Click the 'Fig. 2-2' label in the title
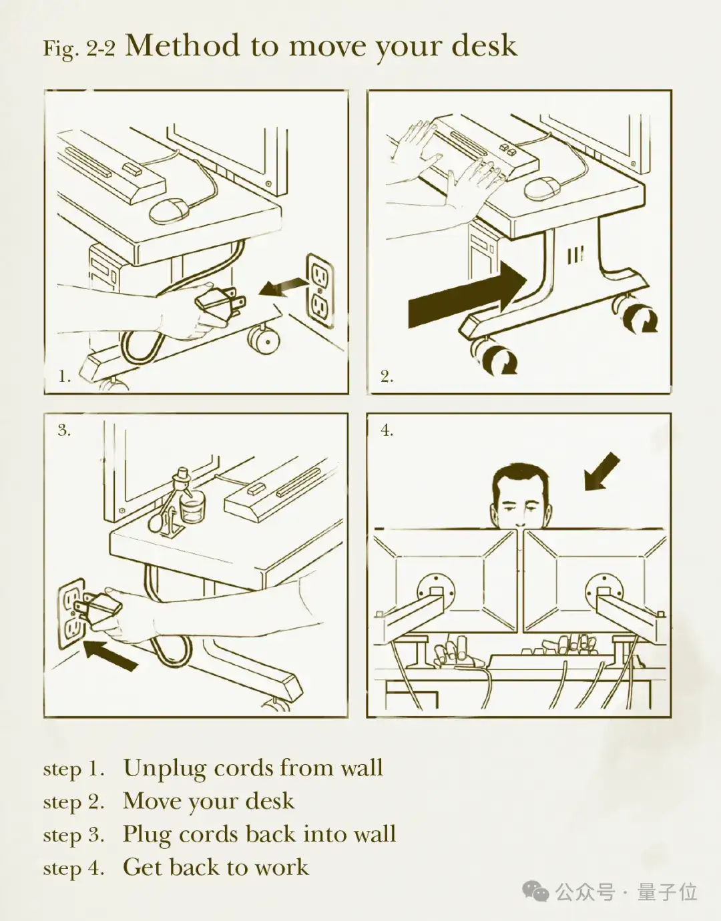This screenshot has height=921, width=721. pyautogui.click(x=79, y=49)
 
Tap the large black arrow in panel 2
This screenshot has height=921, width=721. pyautogui.click(x=467, y=294)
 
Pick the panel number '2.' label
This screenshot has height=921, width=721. pyautogui.click(x=387, y=376)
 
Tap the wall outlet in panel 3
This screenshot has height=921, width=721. pyautogui.click(x=71, y=613)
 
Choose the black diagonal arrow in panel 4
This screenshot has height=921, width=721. pyautogui.click(x=602, y=471)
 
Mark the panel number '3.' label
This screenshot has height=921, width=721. pyautogui.click(x=65, y=430)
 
